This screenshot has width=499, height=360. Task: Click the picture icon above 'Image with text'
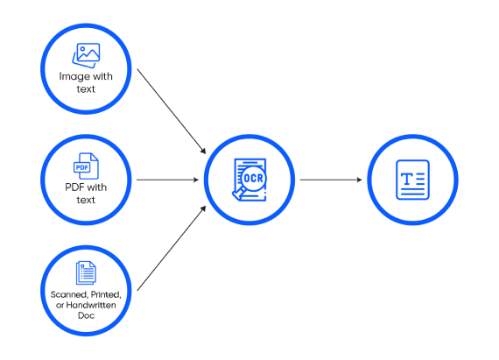click(x=86, y=55)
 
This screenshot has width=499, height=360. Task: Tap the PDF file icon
click(x=86, y=166)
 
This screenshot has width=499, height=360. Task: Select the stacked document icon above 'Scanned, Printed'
click(x=86, y=272)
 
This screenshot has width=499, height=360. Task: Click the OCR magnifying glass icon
click(x=249, y=180)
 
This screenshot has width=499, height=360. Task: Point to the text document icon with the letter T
click(x=412, y=180)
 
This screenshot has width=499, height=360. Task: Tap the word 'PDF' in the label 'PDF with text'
click(x=74, y=187)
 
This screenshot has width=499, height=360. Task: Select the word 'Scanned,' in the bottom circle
click(x=69, y=295)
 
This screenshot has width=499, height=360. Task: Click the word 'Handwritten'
click(x=91, y=305)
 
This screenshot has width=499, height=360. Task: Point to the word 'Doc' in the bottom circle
click(x=87, y=315)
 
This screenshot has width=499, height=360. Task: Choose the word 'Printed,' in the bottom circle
click(x=106, y=295)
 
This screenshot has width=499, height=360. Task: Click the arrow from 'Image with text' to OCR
click(x=172, y=111)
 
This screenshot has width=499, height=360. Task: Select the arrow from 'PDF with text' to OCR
click(x=168, y=180)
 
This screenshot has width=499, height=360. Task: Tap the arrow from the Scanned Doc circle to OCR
click(x=172, y=248)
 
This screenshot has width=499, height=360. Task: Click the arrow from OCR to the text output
click(x=331, y=180)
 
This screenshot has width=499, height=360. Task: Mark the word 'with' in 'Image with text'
click(x=102, y=76)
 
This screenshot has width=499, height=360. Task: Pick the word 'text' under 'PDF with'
click(x=86, y=200)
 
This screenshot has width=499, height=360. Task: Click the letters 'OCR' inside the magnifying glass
click(x=254, y=179)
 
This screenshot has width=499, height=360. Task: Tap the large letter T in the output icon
click(x=407, y=180)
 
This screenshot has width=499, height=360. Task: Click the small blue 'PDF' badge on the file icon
click(x=81, y=167)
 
